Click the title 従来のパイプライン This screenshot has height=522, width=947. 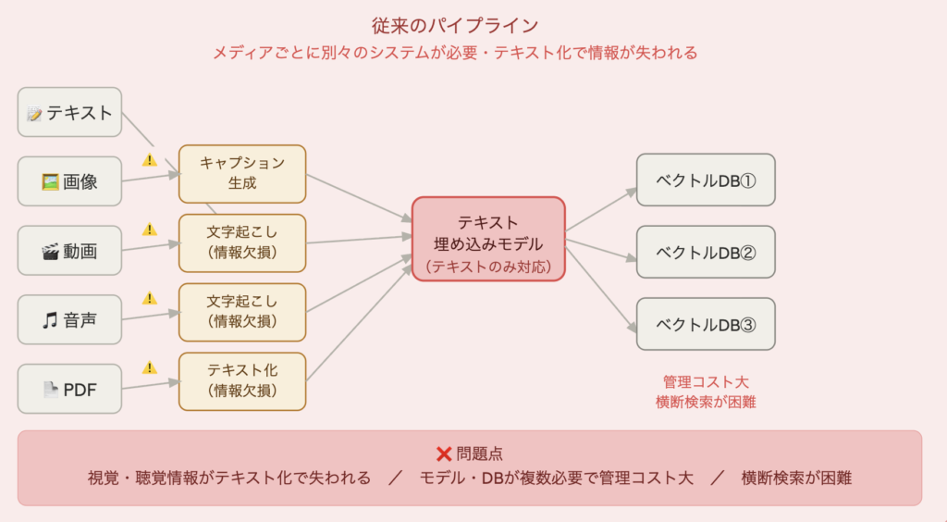[x=473, y=25]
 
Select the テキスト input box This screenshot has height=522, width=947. [x=70, y=112]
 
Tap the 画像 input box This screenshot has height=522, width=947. [x=70, y=181]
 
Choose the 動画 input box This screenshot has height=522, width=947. [x=70, y=251]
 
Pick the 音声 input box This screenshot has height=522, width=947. [x=70, y=319]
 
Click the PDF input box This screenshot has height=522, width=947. [x=70, y=389]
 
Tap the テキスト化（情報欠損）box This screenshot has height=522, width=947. [x=242, y=380]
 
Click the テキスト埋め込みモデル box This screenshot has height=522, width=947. [x=488, y=239]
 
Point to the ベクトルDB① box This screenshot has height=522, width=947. [x=706, y=180]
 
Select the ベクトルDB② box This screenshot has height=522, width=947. [x=706, y=252]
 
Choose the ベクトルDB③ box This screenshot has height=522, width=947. [x=706, y=324]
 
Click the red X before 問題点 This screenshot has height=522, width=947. [x=444, y=454]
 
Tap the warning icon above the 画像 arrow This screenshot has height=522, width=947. [x=150, y=160]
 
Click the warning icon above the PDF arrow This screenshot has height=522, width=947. [x=150, y=367]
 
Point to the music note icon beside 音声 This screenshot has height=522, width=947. [x=50, y=320]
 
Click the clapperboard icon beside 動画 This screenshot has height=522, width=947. [x=50, y=251]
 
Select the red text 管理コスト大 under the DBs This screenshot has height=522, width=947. [x=706, y=381]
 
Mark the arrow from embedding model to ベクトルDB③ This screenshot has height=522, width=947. [x=601, y=289]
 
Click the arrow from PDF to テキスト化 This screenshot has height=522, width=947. [x=150, y=385]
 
